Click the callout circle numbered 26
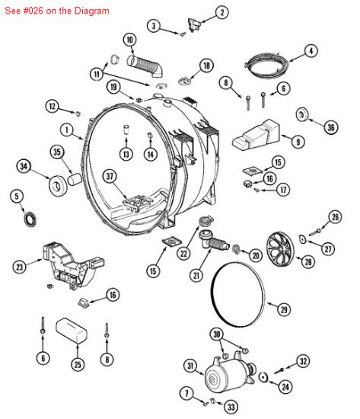(335, 217)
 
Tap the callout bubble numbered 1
(66, 130)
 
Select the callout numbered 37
(110, 177)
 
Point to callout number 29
(284, 310)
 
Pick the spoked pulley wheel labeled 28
(280, 249)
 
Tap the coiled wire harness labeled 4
(267, 63)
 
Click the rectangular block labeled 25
(72, 331)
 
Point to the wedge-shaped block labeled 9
(256, 136)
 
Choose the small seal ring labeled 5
(29, 219)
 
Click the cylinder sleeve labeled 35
(75, 179)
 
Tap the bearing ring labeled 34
(58, 186)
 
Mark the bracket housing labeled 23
(73, 265)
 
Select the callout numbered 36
(331, 127)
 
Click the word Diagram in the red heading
(91, 11)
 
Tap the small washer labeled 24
(263, 378)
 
